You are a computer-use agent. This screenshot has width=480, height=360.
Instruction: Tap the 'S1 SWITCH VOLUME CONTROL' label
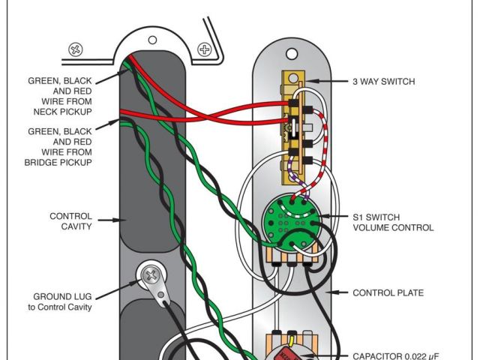(x=392, y=222)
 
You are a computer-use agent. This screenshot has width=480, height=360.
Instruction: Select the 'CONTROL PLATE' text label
(x=388, y=292)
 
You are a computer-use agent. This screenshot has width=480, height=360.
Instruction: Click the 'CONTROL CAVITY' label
(x=71, y=221)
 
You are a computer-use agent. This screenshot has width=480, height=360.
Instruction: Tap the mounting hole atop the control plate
(x=291, y=54)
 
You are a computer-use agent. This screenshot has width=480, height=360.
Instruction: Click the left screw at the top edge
(x=76, y=51)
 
